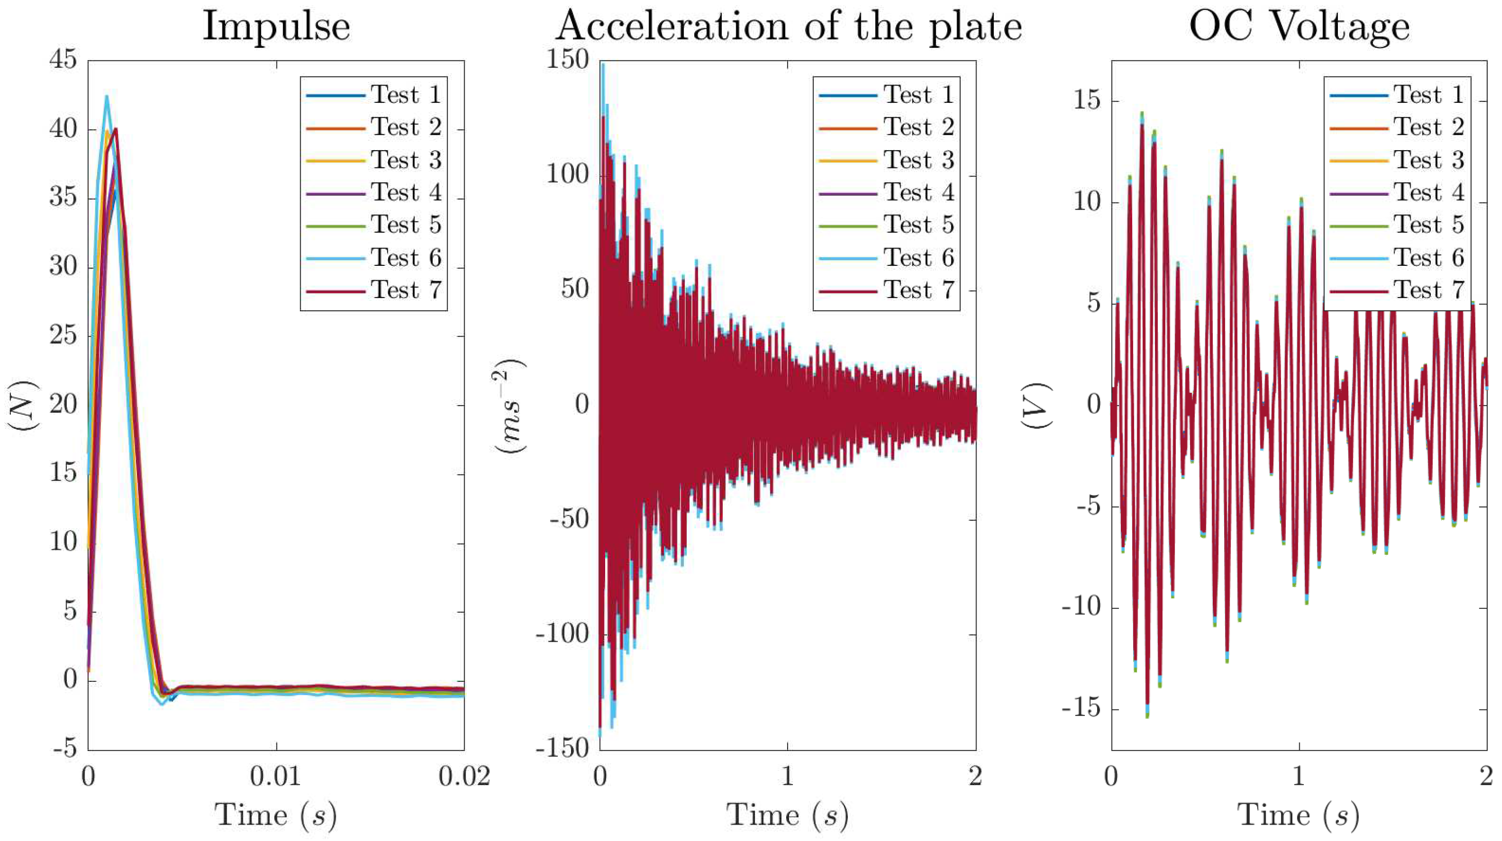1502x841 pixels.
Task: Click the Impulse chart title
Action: [276, 27]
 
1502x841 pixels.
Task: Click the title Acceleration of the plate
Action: [788, 27]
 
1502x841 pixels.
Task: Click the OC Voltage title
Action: [1299, 27]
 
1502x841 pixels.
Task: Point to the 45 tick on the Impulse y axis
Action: [63, 60]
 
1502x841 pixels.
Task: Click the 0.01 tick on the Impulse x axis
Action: [276, 777]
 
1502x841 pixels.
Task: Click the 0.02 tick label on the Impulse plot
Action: [464, 777]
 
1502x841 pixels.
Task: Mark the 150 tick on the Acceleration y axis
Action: [568, 60]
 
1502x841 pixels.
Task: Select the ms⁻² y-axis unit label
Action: [511, 405]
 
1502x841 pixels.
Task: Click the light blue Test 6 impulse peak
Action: [107, 98]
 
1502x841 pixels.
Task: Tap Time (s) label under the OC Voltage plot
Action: [1299, 815]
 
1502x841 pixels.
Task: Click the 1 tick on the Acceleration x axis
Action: [788, 777]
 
